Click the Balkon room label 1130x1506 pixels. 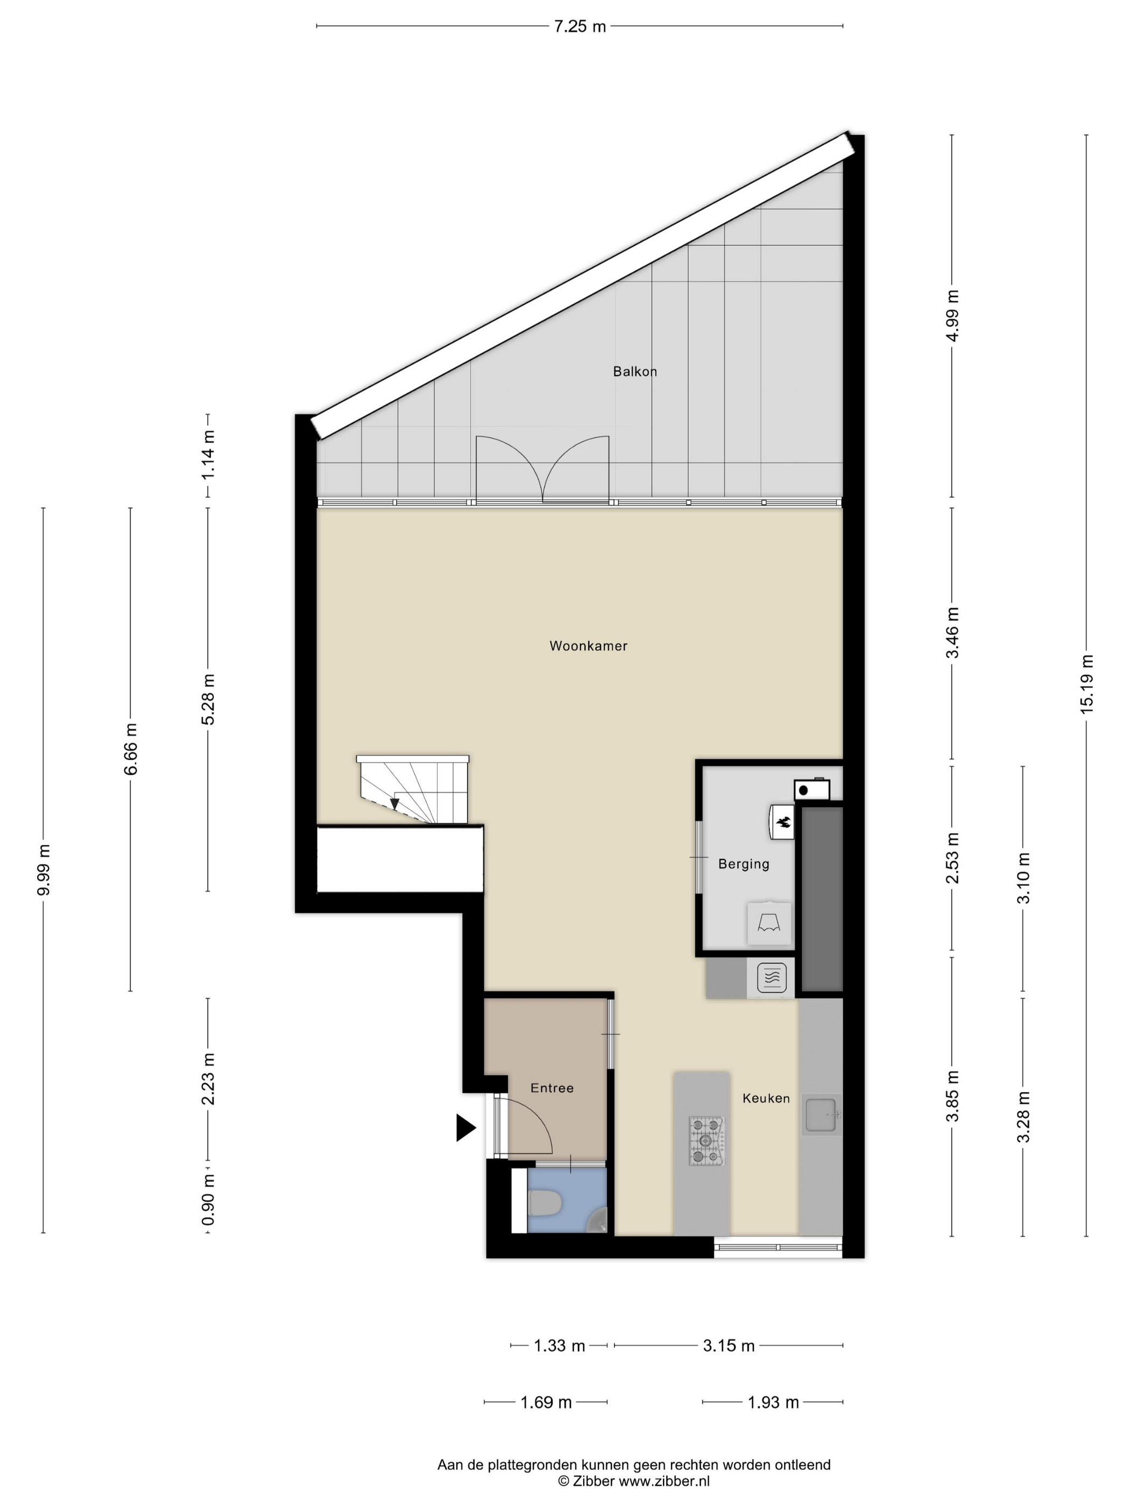tap(634, 372)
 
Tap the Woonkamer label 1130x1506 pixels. tap(588, 646)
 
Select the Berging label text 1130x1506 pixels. tap(743, 864)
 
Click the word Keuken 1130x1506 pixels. tap(766, 1098)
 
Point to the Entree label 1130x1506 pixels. tap(552, 1088)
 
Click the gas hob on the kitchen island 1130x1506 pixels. tap(707, 1140)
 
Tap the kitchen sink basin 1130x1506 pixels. tap(820, 1114)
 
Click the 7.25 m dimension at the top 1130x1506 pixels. tap(579, 26)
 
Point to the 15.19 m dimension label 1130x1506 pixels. tap(1086, 684)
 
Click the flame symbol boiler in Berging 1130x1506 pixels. tap(782, 822)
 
